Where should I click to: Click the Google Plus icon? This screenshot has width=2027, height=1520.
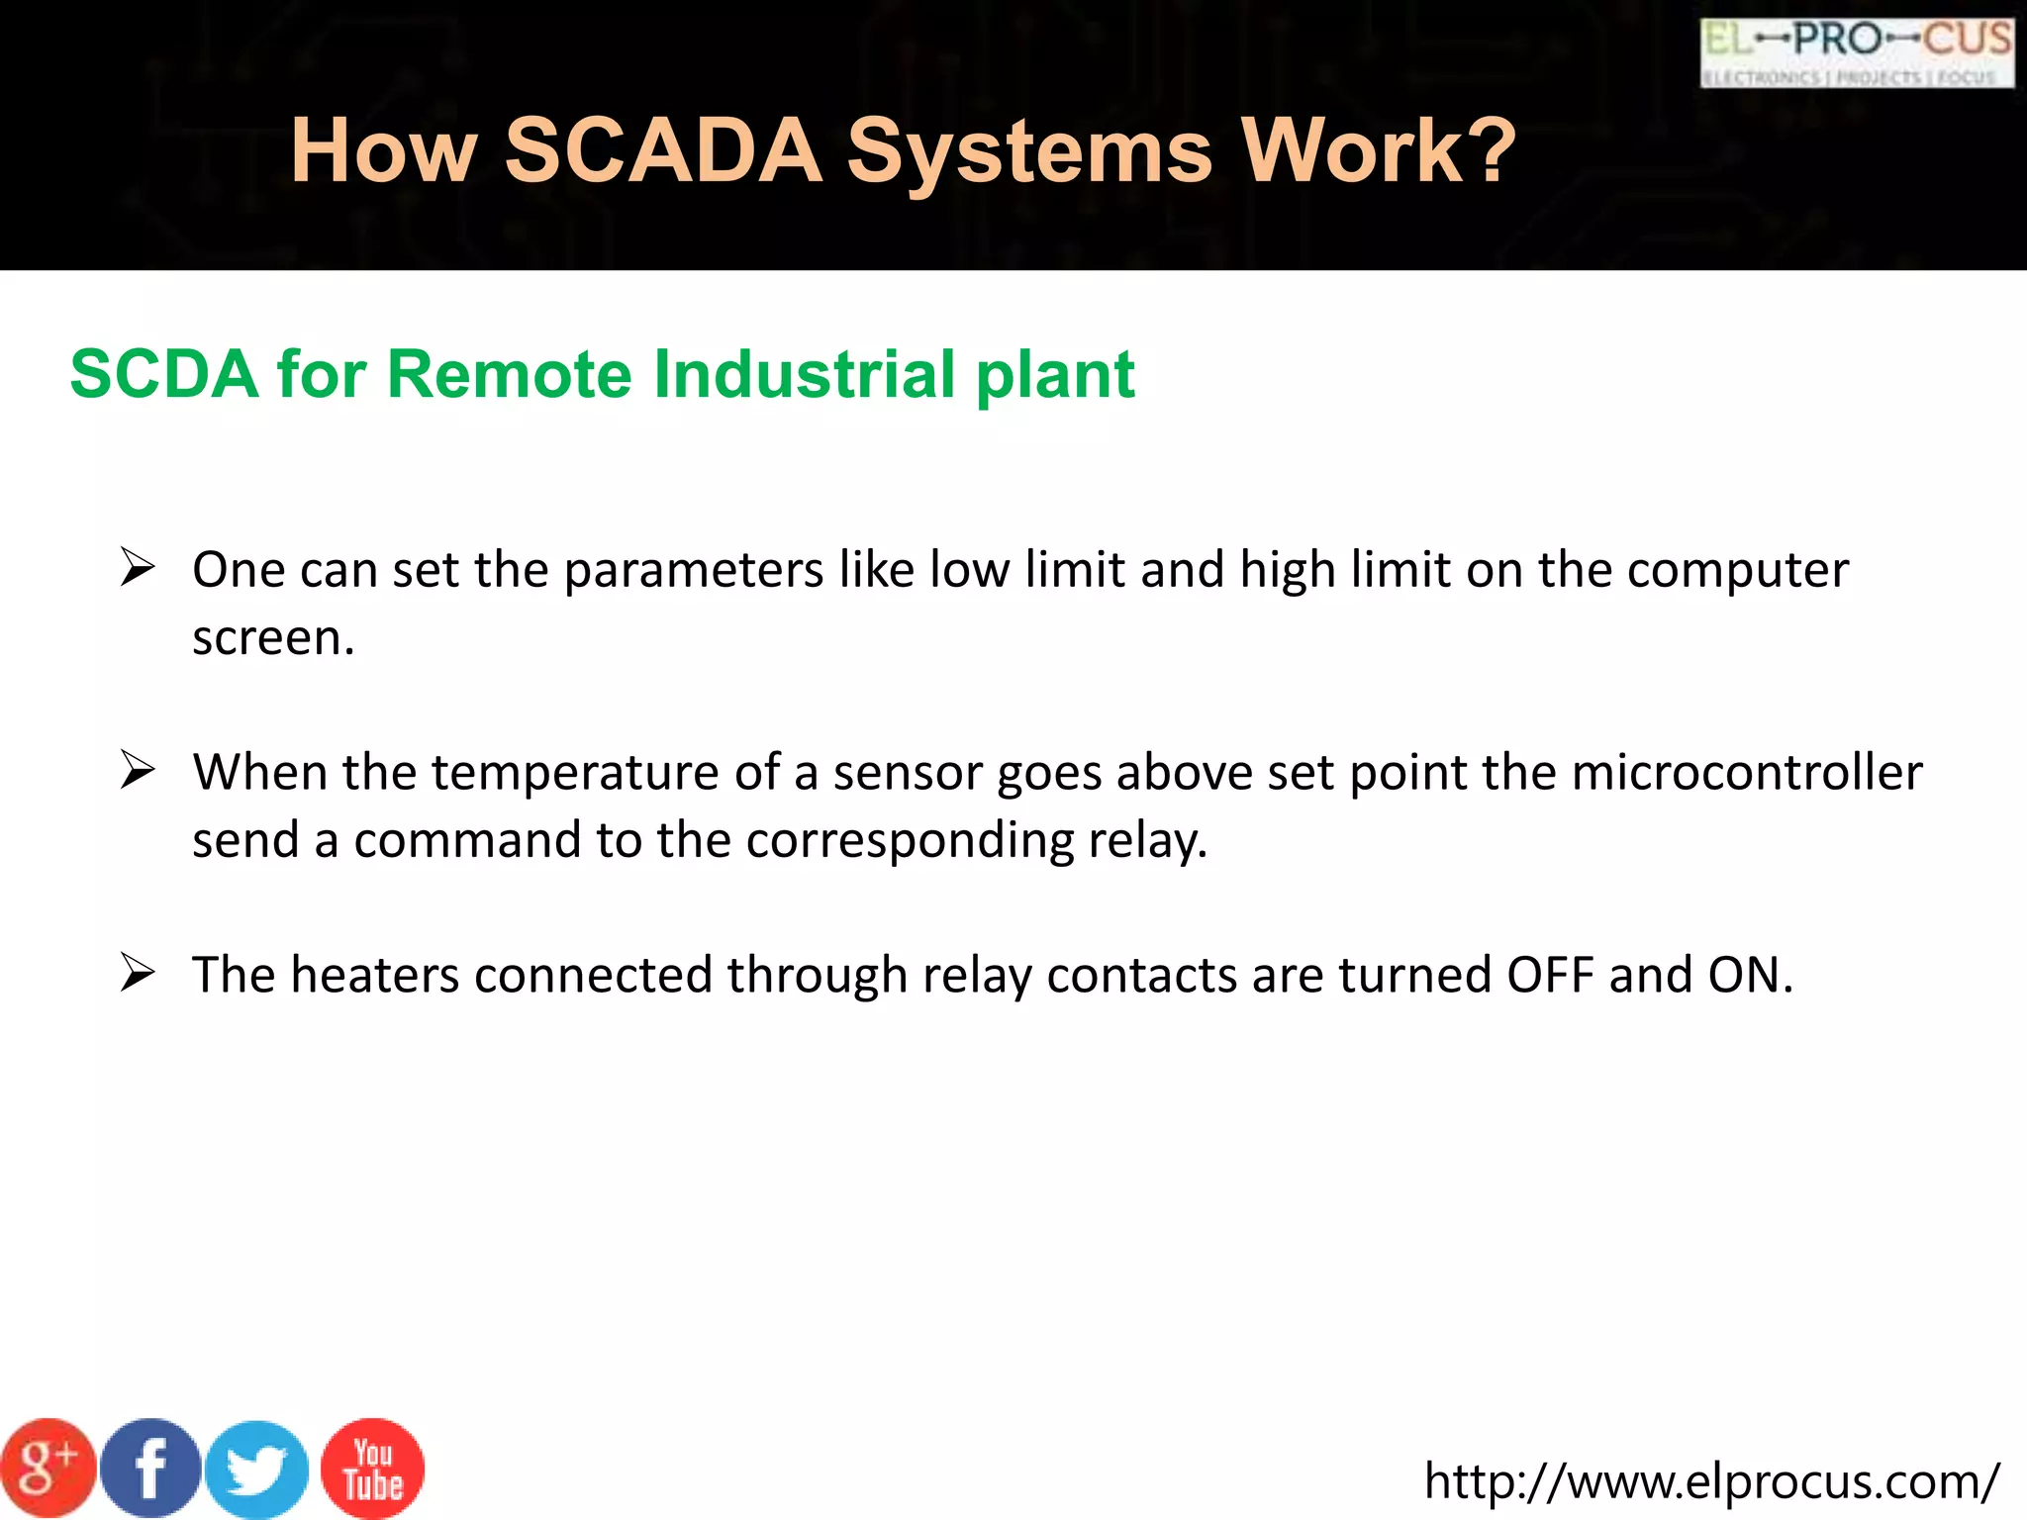(48, 1468)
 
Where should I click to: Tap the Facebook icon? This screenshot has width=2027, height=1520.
(150, 1468)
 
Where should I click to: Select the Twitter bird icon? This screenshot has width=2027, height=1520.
(256, 1470)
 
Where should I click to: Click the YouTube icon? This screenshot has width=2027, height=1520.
(372, 1469)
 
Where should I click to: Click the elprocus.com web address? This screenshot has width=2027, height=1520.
(1711, 1481)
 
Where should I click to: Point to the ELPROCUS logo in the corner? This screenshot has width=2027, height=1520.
(1857, 53)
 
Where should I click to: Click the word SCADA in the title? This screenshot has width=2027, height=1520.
(663, 150)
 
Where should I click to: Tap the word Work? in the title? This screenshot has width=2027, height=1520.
(1378, 150)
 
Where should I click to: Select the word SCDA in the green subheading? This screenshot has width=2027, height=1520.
(164, 374)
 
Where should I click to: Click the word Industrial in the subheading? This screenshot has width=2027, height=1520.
(806, 374)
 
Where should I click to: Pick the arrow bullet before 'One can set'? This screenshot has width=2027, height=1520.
(138, 567)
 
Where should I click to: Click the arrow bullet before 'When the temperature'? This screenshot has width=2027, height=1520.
(138, 770)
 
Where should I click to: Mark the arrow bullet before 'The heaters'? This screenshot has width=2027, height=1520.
(138, 973)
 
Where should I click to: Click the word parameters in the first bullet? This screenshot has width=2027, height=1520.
(694, 570)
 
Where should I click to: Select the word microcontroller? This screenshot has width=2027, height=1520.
(1746, 772)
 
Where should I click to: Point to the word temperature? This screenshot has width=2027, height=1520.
(574, 772)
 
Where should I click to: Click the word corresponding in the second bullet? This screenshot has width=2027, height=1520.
(910, 840)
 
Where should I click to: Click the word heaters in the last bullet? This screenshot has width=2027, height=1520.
(375, 975)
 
